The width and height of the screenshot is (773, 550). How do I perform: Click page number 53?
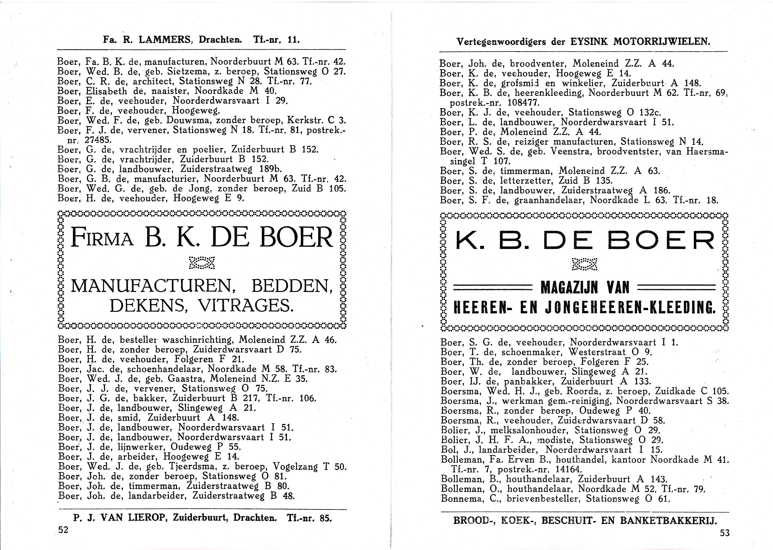coord(725,533)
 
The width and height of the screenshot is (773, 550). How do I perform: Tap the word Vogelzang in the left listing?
coord(295,467)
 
